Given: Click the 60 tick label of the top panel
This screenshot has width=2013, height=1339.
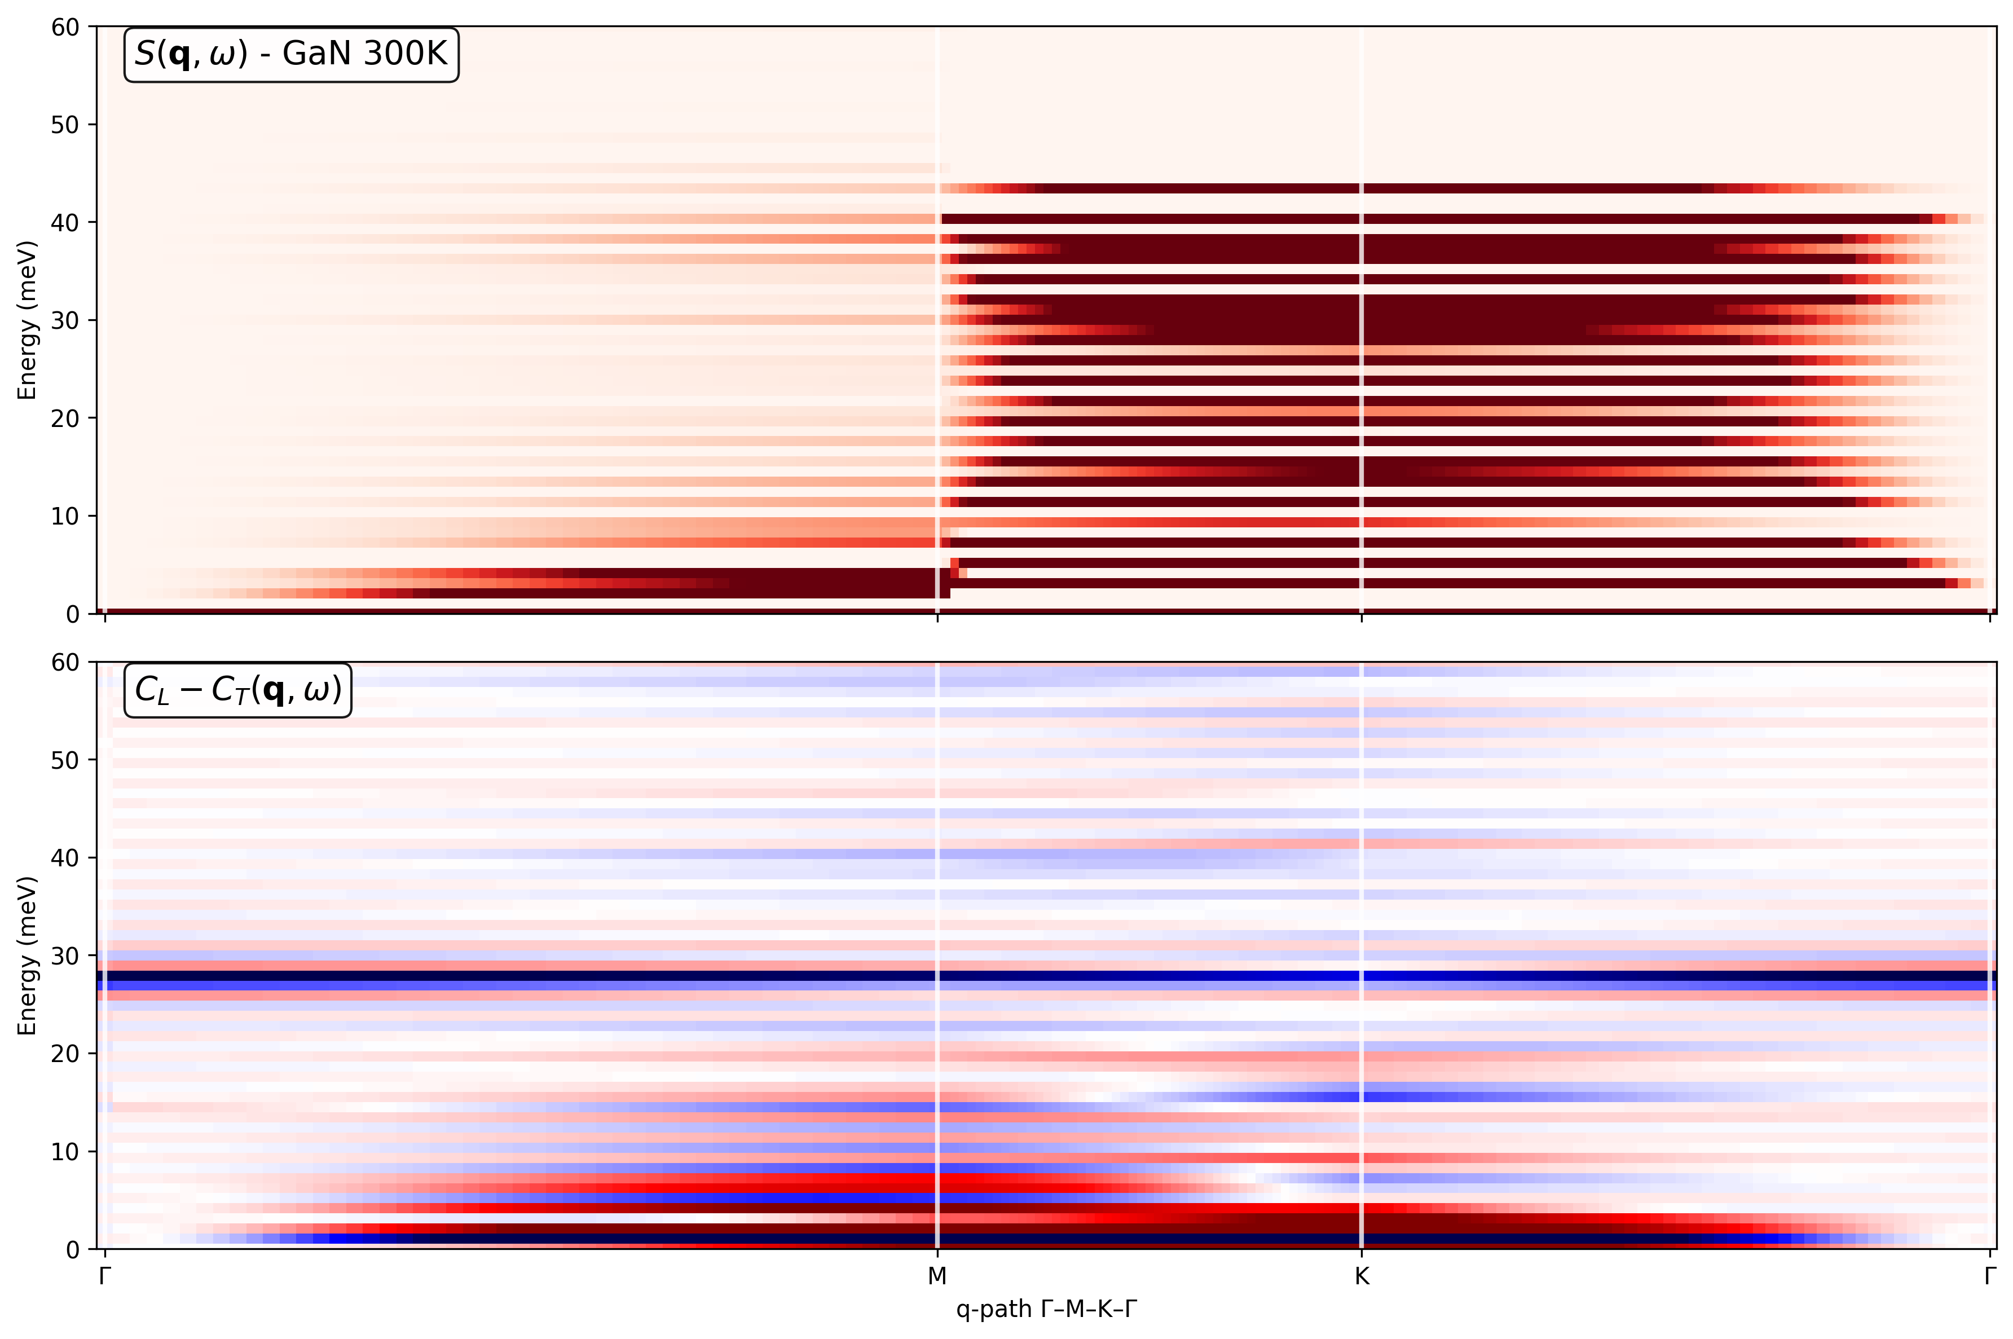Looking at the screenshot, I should (x=65, y=27).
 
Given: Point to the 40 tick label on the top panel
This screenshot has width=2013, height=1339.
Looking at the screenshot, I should (x=65, y=223).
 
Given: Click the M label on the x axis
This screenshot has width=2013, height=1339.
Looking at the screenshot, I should (x=937, y=1276).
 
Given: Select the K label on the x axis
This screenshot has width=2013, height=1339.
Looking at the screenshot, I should (x=1362, y=1276).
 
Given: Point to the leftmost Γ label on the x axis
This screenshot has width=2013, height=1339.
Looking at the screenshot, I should (x=104, y=1276).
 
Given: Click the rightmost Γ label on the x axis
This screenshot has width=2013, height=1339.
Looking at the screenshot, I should (x=1990, y=1276).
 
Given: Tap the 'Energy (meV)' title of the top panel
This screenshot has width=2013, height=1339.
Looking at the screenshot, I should (x=27, y=320).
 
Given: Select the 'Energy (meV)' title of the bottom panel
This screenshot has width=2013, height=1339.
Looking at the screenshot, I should (x=27, y=955).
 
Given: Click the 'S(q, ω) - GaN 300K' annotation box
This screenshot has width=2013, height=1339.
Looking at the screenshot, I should (x=291, y=55).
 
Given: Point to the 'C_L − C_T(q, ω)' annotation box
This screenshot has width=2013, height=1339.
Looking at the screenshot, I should (x=238, y=690).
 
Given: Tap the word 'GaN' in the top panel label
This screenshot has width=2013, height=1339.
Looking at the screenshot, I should (x=318, y=54).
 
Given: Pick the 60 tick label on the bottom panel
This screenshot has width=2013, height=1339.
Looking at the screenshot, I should (x=65, y=663).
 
